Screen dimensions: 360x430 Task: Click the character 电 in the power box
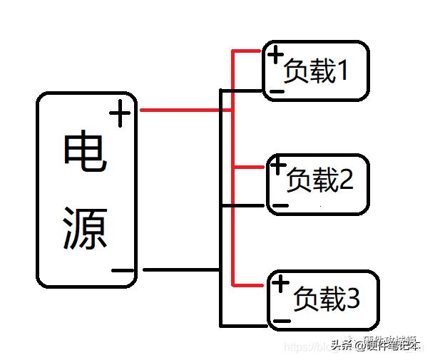[86, 153]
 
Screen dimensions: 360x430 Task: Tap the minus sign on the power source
[123, 271]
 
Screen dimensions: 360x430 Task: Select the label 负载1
[316, 71]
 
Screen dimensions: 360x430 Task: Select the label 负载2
[319, 182]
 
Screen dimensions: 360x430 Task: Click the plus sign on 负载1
[274, 54]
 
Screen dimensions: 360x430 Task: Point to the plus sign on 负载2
[277, 168]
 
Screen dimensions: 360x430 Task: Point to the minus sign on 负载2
[280, 205]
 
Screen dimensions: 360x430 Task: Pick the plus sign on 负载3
[281, 283]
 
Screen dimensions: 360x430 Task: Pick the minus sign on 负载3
[282, 322]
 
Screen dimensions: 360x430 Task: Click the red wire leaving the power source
[178, 110]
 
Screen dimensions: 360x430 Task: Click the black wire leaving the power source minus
[178, 270]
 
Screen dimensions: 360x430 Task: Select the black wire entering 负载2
[246, 205]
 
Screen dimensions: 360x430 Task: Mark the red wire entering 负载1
[250, 51]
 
